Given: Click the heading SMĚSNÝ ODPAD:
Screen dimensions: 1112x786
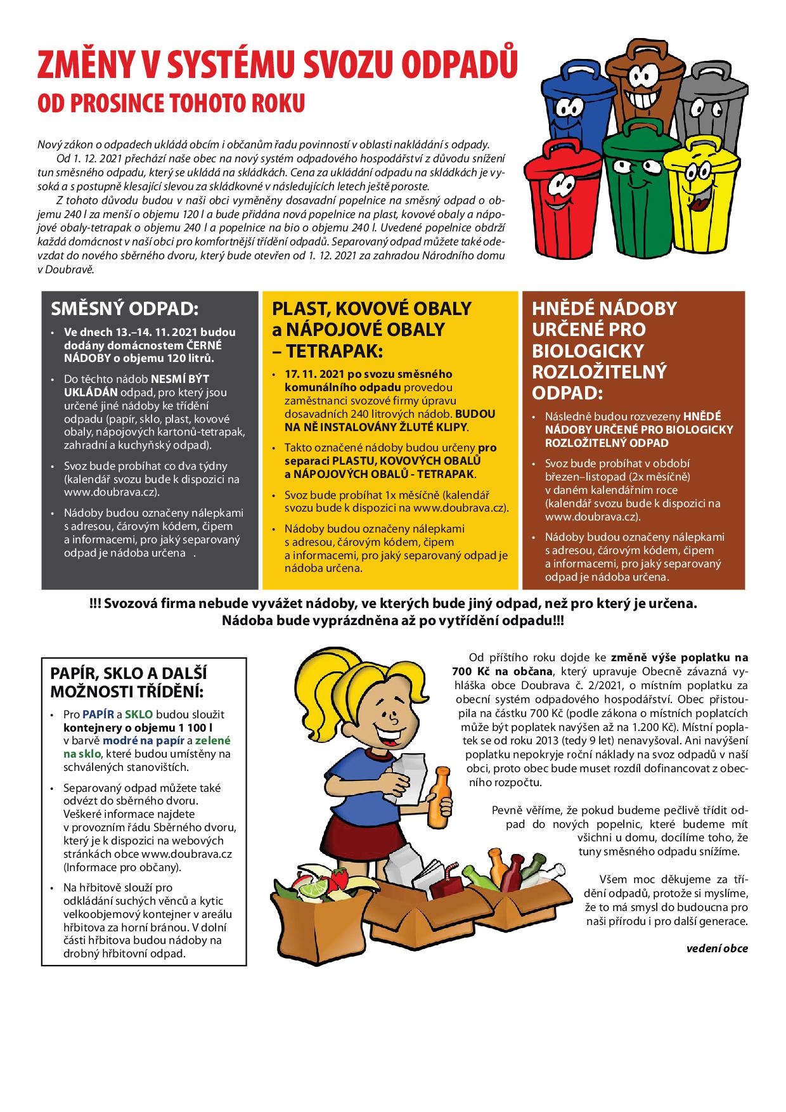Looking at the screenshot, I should tap(125, 309).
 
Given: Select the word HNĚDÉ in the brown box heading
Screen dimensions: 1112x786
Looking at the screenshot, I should tap(564, 309).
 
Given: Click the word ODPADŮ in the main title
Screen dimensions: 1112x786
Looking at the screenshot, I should tap(456, 66).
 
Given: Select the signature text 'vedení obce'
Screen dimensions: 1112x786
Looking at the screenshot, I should tap(717, 948).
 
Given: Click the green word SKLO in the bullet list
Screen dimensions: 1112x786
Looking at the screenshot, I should tap(139, 714).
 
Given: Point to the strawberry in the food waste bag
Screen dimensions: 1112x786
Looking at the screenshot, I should tap(339, 879).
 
